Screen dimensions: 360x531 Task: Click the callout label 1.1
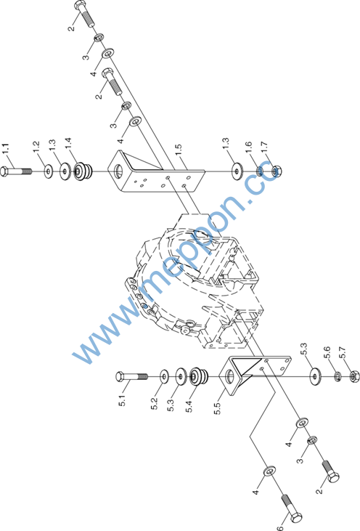pos(6,149)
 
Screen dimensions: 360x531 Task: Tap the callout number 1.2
pos(36,147)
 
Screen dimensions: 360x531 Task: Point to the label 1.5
pos(179,150)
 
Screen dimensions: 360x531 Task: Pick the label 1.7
pos(264,147)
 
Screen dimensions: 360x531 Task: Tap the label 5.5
pos(218,408)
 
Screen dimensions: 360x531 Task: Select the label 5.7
pos(343,352)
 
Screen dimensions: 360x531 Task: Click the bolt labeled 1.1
pos(16,171)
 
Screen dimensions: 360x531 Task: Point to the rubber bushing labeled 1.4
pos(82,171)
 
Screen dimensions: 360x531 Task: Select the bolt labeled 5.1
pos(131,376)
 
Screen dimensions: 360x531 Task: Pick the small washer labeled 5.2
pos(165,376)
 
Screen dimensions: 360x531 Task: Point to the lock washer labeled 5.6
pos(337,376)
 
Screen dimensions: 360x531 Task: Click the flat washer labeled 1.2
pos(49,171)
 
